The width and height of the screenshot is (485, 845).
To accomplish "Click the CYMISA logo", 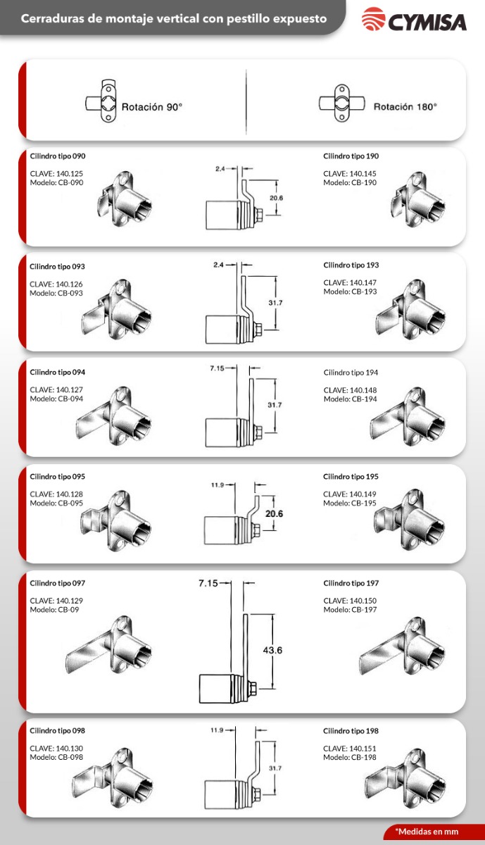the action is [x=414, y=19].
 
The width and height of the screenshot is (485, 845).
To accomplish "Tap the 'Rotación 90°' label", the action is [x=151, y=107].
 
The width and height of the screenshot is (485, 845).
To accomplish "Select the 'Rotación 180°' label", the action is [x=405, y=107].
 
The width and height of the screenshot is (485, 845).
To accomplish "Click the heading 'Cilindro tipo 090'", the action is [x=58, y=156].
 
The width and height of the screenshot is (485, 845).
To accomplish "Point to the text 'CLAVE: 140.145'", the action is [x=350, y=173].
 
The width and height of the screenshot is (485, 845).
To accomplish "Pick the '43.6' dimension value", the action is [x=272, y=650].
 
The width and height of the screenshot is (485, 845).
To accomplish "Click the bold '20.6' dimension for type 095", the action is [x=275, y=513].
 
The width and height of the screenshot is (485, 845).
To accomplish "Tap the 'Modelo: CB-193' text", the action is [x=350, y=292].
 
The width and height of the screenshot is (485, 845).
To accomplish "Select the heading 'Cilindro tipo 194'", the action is [x=351, y=373].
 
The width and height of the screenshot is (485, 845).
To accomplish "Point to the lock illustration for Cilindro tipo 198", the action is [x=405, y=777].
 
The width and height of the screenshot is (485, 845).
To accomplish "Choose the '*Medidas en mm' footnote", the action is [x=427, y=831].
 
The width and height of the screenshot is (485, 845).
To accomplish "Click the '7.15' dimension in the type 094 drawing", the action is [x=217, y=368].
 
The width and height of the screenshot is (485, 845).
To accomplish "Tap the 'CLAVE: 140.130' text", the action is [x=56, y=749].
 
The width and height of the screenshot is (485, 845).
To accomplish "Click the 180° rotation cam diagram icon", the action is [x=342, y=103].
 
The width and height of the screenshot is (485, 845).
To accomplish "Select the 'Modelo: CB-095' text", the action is [x=56, y=503].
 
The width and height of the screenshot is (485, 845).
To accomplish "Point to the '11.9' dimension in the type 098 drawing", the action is [x=217, y=730].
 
